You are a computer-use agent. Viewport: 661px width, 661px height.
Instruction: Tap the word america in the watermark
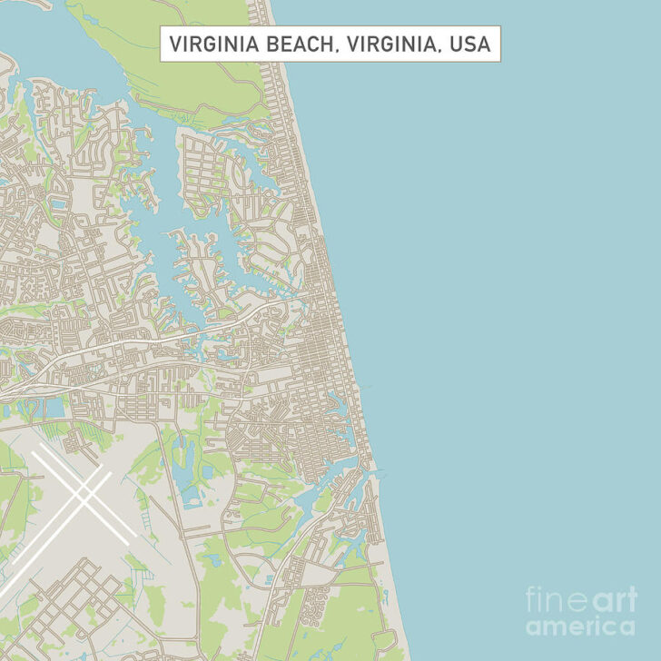coord(580,626)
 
